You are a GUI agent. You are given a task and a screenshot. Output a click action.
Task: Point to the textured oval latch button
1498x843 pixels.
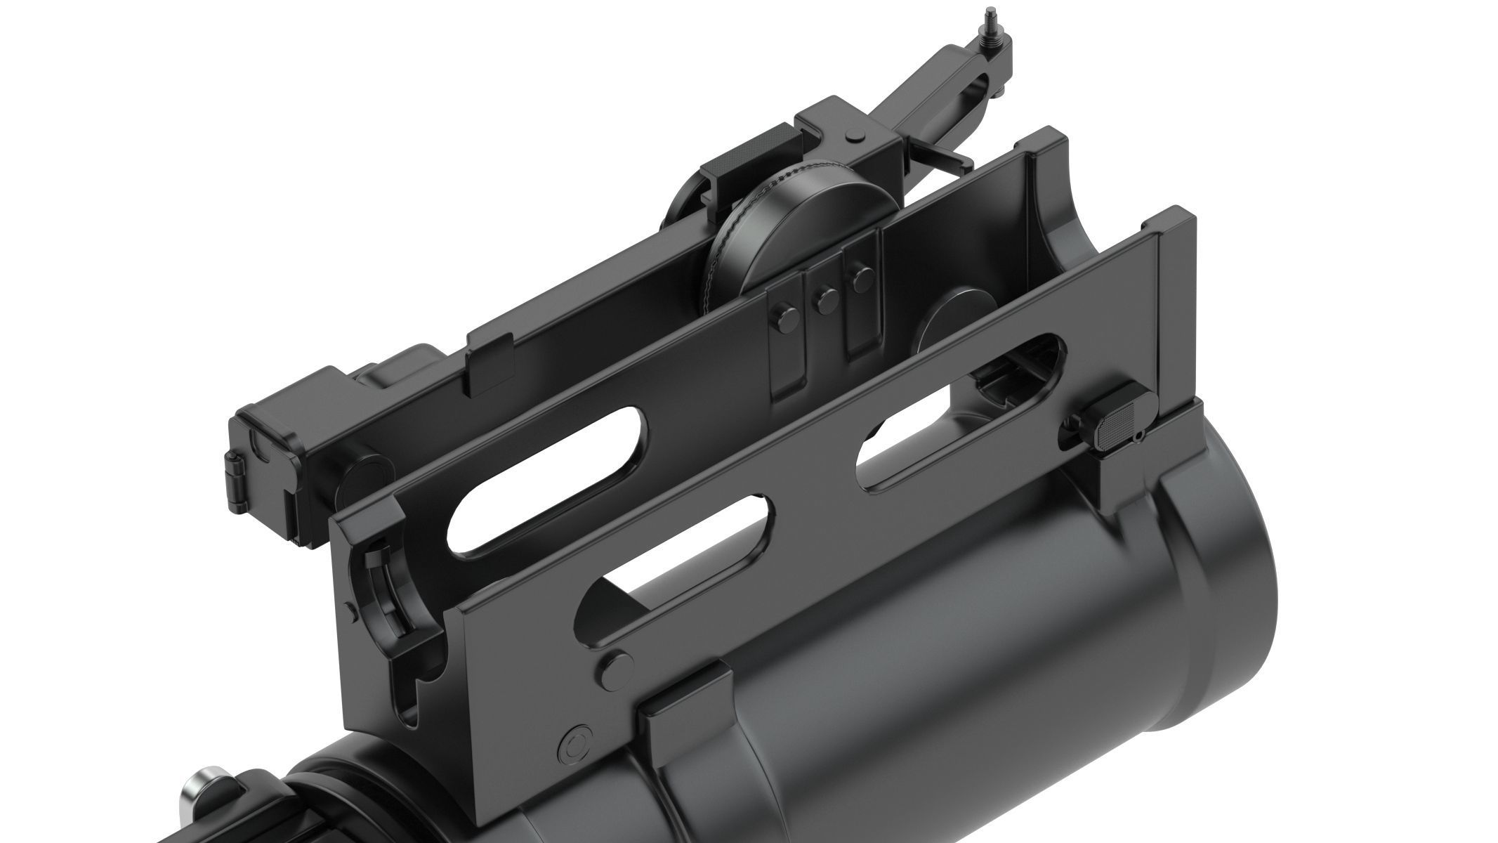pyautogui.click(x=1119, y=425)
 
